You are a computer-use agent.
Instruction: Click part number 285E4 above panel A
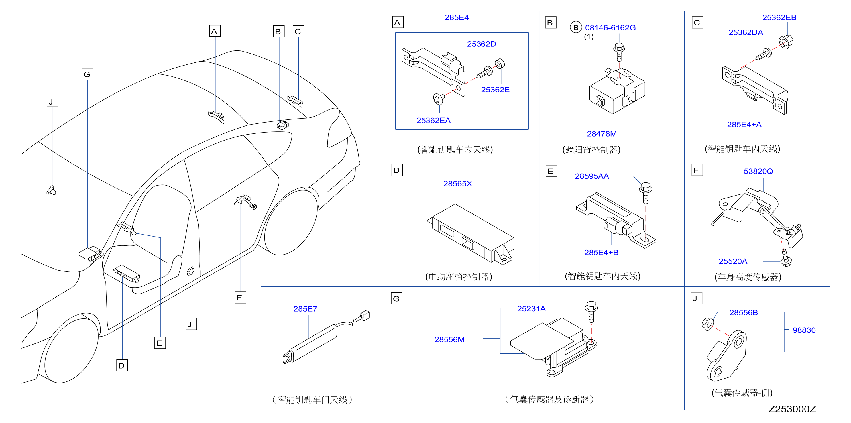[x=457, y=17]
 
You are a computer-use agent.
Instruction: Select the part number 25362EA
[x=433, y=120]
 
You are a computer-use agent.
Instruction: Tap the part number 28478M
[x=602, y=134]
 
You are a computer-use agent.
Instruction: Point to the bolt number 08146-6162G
[x=610, y=28]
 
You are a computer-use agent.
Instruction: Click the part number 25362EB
[x=779, y=17]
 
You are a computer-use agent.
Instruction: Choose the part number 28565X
[x=457, y=184]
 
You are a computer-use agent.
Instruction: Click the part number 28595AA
[x=592, y=176]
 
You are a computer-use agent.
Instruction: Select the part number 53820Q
[x=758, y=172]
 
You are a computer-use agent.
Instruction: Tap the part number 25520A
[x=733, y=261]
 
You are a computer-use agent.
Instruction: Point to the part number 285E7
[x=305, y=309]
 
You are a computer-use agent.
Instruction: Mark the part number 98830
[x=804, y=330]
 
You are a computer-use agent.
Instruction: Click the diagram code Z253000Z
[x=792, y=409]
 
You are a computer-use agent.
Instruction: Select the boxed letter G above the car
[x=87, y=74]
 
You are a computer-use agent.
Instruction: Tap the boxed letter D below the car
[x=122, y=365]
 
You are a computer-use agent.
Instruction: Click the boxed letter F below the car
[x=240, y=297]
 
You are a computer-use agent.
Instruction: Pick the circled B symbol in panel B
[x=576, y=27]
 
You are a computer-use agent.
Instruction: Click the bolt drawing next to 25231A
[x=591, y=311]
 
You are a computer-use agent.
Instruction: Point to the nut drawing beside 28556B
[x=707, y=324]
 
